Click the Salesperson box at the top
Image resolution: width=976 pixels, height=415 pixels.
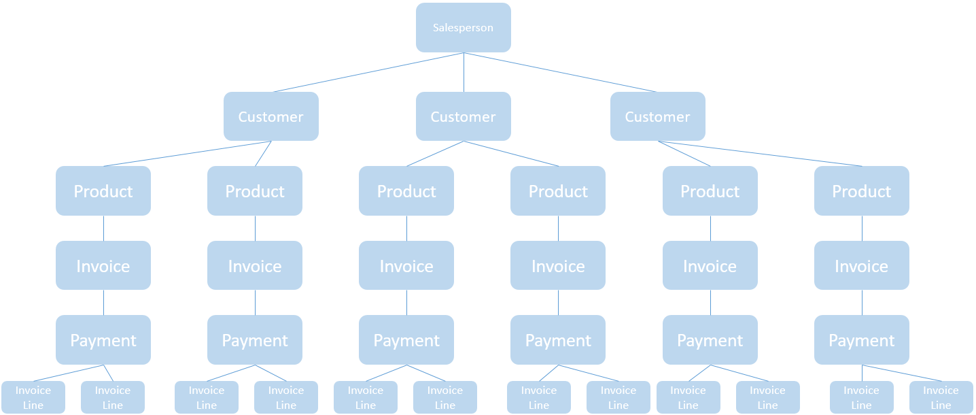point(463,28)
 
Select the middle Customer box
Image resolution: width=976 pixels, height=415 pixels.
point(463,116)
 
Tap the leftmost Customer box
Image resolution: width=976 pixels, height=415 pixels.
point(271,116)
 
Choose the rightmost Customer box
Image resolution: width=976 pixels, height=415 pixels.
point(657,116)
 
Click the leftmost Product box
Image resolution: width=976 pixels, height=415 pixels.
point(103,191)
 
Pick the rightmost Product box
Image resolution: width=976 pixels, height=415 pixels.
point(861,191)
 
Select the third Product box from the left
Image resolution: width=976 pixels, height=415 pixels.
point(406,191)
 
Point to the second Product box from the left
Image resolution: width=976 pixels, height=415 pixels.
point(255,191)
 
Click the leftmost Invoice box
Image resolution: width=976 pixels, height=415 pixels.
point(103,265)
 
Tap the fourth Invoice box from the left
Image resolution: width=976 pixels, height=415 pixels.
point(558,265)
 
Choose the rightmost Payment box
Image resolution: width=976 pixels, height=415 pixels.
point(861,340)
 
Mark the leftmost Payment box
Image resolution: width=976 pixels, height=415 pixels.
point(103,340)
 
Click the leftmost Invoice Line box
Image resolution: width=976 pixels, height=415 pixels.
point(33,397)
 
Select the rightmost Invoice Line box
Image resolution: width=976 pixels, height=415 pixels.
point(941,397)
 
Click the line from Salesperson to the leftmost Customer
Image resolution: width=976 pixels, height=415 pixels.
point(368,72)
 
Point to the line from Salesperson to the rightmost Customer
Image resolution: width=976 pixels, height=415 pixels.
point(561,72)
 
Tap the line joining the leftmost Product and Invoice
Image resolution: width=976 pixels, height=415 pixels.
point(103,228)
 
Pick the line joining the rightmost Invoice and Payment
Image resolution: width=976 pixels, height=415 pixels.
point(862,302)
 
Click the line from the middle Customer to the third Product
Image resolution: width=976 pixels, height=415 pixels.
point(436,154)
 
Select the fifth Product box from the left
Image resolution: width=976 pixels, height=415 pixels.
point(710,191)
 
